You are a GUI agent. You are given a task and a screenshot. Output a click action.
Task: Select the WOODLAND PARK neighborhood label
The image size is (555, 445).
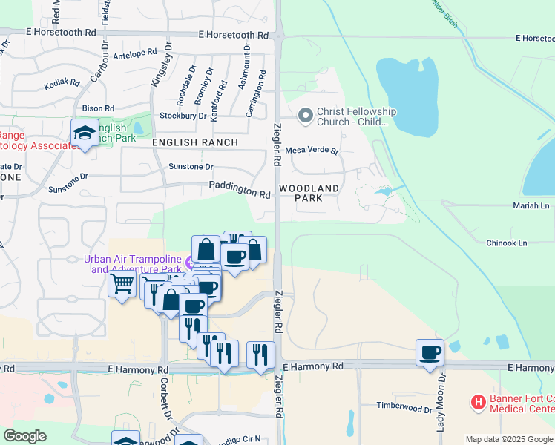point(310,193)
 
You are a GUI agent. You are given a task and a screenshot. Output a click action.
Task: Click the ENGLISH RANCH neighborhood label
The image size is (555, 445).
point(195,142)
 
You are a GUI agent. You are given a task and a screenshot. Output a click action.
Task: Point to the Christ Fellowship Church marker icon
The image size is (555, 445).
point(304,116)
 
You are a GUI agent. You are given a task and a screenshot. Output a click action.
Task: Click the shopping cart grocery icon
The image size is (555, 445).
point(122,283)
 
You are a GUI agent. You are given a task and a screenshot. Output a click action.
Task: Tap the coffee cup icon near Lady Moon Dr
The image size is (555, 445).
point(430,352)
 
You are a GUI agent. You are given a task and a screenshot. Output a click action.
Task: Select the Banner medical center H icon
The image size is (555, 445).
point(479,403)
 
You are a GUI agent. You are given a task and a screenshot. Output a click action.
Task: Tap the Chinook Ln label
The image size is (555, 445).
point(506,243)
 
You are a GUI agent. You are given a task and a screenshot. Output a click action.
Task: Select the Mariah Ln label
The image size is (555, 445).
point(530,205)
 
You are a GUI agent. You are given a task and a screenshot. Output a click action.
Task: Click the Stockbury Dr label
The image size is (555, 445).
point(183,116)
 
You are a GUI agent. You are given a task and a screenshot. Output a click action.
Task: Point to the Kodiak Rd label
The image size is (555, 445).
point(61,83)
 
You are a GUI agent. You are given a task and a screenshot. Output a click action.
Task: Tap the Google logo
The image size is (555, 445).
point(24,436)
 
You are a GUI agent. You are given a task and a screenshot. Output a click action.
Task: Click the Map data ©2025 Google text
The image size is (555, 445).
point(509,439)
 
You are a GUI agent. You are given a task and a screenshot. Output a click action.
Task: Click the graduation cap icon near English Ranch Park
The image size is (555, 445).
point(85,133)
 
